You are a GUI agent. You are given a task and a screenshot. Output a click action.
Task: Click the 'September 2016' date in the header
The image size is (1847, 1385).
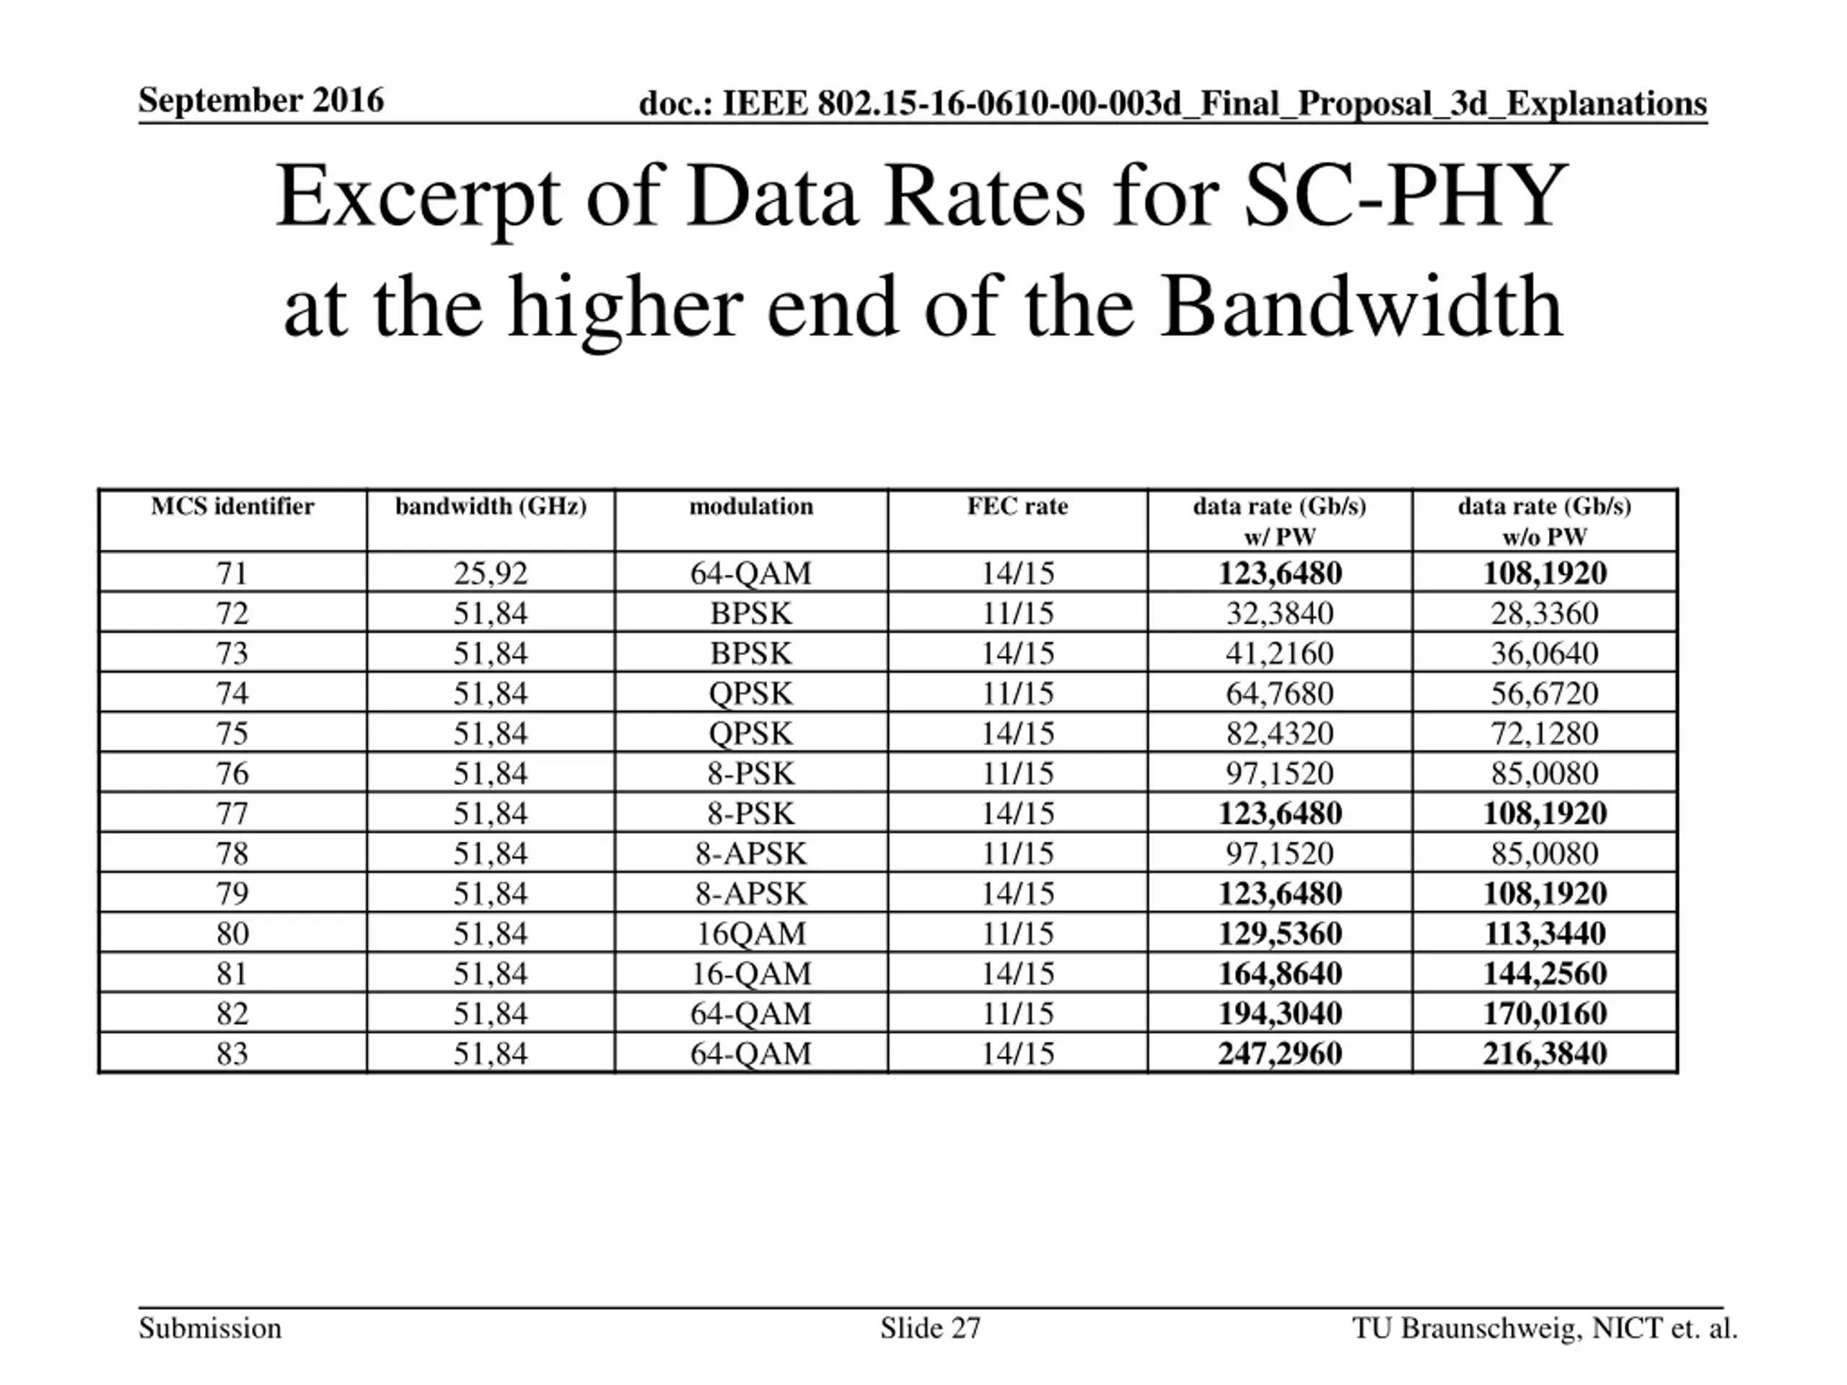(x=260, y=101)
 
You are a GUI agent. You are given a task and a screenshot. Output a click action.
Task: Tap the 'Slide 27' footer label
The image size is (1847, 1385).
(x=930, y=1328)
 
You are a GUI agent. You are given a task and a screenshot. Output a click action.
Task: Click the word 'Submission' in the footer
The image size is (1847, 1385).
(x=209, y=1328)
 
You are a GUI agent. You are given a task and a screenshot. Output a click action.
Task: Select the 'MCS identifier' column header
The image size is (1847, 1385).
(x=232, y=506)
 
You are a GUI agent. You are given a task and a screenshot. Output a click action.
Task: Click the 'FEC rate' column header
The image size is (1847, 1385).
(x=1017, y=506)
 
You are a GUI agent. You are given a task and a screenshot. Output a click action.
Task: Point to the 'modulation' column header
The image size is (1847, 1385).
(x=750, y=506)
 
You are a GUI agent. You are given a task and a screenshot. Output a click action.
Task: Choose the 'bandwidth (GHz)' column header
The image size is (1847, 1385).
(x=490, y=506)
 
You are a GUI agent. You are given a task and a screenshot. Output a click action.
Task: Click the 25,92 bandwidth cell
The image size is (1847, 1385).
(x=490, y=573)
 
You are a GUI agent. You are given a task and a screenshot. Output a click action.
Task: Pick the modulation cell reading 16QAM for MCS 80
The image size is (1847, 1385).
(x=750, y=933)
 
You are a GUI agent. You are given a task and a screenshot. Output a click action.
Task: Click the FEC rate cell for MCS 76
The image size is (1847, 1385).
(x=1017, y=773)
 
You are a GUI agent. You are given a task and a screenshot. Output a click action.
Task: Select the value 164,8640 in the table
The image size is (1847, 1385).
(x=1279, y=973)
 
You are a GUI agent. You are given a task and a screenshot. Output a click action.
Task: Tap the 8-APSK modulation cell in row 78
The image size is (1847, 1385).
(x=750, y=853)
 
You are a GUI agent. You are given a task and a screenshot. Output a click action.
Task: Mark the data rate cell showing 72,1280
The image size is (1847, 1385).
(x=1544, y=733)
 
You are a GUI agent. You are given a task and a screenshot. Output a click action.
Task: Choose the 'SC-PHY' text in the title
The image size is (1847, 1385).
(x=1405, y=197)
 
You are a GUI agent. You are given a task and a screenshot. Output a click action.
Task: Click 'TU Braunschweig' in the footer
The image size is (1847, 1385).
(x=1466, y=1328)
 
